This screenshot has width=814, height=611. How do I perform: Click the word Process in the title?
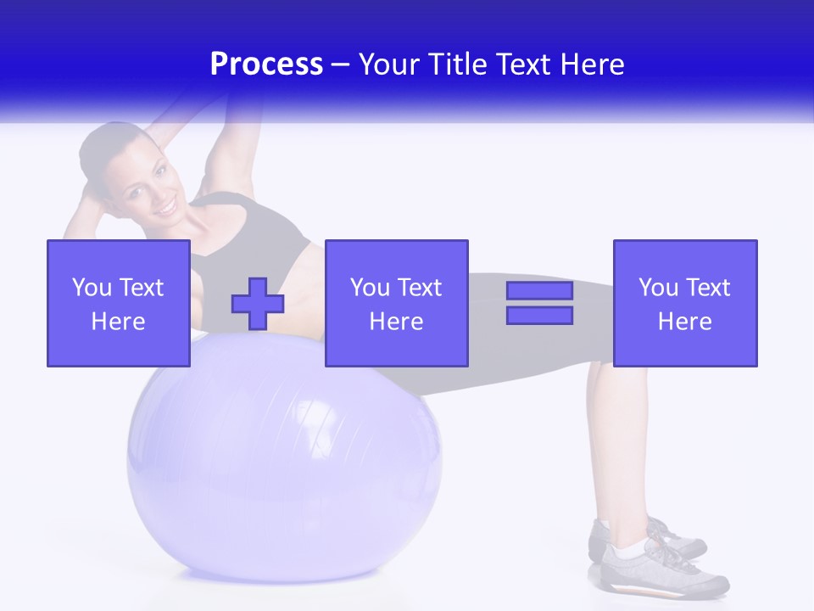pyautogui.click(x=266, y=64)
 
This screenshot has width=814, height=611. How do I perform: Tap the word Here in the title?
pyautogui.click(x=592, y=64)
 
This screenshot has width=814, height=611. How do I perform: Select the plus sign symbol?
pyautogui.click(x=258, y=304)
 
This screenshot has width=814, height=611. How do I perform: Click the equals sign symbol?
pyautogui.click(x=539, y=303)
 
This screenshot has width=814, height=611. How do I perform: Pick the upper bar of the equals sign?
pyautogui.click(x=539, y=291)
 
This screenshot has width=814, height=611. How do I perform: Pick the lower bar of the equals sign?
pyautogui.click(x=539, y=315)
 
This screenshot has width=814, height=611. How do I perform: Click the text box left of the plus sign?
pyautogui.click(x=119, y=304)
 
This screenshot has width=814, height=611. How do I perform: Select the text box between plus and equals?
pyautogui.click(x=397, y=304)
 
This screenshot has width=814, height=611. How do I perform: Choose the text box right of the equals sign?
pyautogui.click(x=685, y=304)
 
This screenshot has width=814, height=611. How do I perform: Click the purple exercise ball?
pyautogui.click(x=284, y=458)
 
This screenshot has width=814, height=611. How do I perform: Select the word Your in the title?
pyautogui.click(x=390, y=64)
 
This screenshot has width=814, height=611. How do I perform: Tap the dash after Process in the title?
pyautogui.click(x=341, y=65)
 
